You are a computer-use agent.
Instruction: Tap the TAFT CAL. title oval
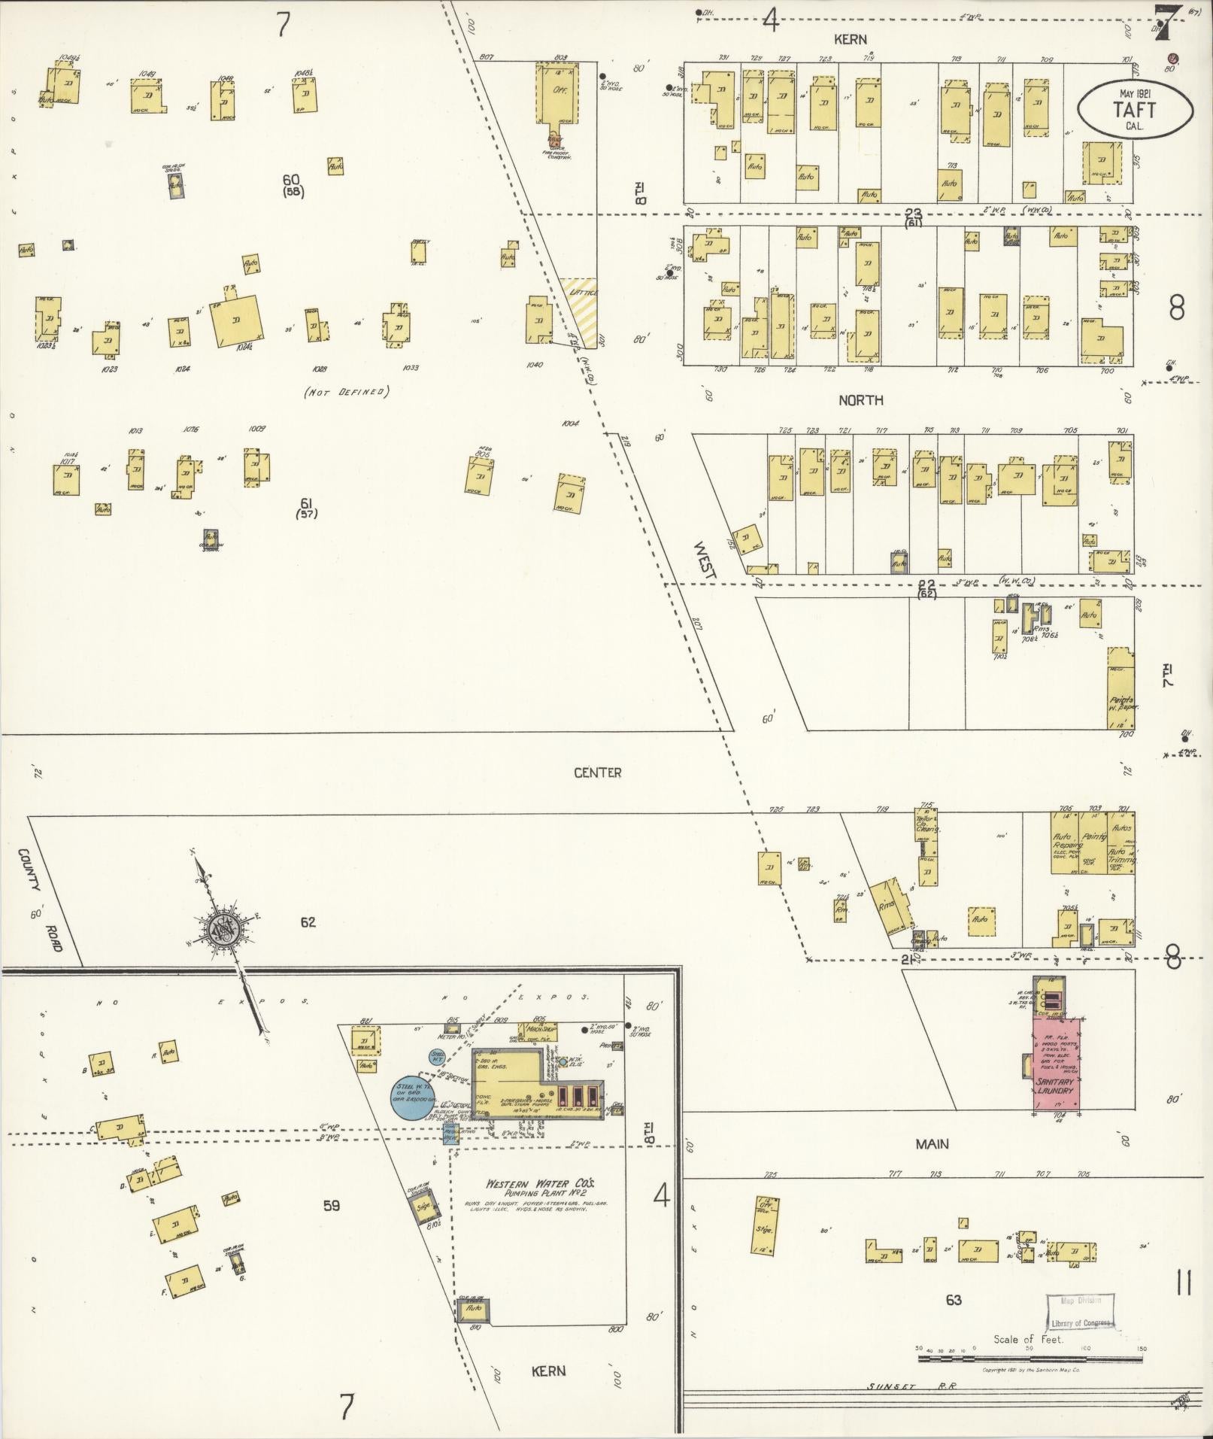(x=1135, y=110)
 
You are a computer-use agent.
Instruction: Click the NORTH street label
(x=861, y=401)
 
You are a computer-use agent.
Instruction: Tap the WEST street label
(x=706, y=560)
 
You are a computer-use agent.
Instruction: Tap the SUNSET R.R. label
(x=910, y=1386)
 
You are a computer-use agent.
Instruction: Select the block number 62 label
(x=308, y=921)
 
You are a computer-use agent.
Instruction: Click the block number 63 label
(x=954, y=1299)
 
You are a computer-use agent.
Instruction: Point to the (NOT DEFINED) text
(x=345, y=392)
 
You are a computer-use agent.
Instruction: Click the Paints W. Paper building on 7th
(x=1121, y=688)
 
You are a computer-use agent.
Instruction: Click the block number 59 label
(x=331, y=1205)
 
